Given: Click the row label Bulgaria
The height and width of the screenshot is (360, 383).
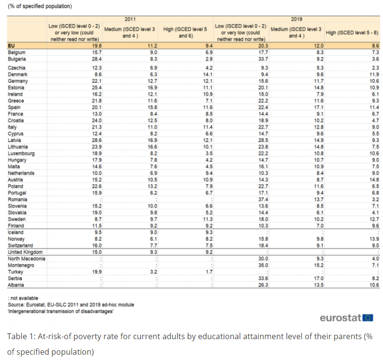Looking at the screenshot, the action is pos(16,59).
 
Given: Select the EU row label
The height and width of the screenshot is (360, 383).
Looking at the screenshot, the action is pos(11,46).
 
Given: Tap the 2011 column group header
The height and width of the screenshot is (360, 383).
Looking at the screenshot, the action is pos(130,19).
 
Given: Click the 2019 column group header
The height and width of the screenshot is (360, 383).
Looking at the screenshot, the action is pos(296,19).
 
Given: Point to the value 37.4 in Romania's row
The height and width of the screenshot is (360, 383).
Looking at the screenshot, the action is pos(263,200).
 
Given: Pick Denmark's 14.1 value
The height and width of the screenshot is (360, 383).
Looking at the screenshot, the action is pos(208,74).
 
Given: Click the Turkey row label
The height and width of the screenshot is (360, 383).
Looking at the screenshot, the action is pos(15,272).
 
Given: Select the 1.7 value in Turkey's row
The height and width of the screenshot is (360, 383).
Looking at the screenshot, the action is pos(209,272).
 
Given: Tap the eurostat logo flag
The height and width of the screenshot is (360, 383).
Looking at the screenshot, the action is pos(368,318).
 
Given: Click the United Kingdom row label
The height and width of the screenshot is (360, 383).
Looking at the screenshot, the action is pos(25,252).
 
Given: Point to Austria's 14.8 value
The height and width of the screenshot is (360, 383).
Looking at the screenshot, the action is pos(374,180).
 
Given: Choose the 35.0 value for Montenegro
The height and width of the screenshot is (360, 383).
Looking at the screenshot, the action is pos(263,265).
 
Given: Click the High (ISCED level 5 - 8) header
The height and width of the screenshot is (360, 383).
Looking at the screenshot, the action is pos(352,32).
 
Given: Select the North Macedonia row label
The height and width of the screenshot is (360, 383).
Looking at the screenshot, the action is pos(26,259).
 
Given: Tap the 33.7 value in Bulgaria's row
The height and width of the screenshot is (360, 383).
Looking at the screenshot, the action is pos(263,59).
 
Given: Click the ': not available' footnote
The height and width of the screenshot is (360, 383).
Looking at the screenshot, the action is pos(23,298).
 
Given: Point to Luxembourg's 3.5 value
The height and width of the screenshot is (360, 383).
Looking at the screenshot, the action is pos(209,153).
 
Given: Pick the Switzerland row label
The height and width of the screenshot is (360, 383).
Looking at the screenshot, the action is pos(20,245).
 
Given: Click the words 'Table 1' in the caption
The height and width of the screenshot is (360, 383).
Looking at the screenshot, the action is pos(20,337).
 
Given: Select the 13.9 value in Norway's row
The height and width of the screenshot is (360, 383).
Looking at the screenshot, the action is pos(374,239).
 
